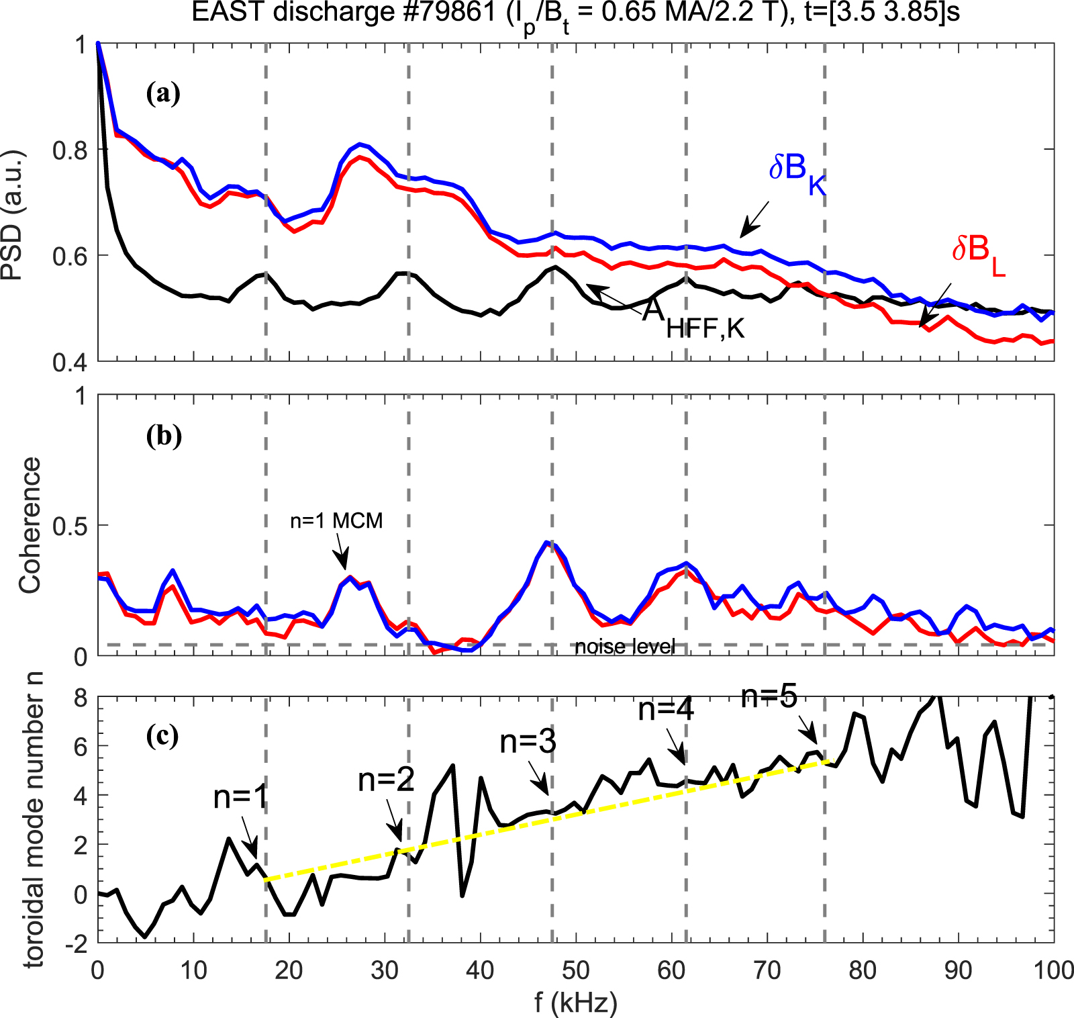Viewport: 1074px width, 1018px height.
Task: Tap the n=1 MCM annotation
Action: pyautogui.click(x=336, y=520)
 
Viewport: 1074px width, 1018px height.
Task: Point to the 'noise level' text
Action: pyautogui.click(x=625, y=647)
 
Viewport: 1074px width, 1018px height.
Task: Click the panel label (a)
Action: pyautogui.click(x=163, y=93)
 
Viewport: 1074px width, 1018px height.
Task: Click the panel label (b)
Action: pyautogui.click(x=163, y=436)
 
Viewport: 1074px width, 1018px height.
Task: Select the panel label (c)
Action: pyautogui.click(x=162, y=736)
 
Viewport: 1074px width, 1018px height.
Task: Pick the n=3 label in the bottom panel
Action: pyautogui.click(x=528, y=742)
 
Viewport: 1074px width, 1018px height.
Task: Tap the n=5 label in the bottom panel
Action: pyautogui.click(x=769, y=697)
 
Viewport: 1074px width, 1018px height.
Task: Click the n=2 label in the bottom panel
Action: pyautogui.click(x=386, y=780)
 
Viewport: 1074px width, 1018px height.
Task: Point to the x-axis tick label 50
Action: pyautogui.click(x=575, y=970)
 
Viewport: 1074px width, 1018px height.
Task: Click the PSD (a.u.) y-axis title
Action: pyautogui.click(x=13, y=215)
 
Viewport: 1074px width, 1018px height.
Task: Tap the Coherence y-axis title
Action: pyautogui.click(x=30, y=525)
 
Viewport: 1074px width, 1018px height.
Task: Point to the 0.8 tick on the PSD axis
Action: pyautogui.click(x=70, y=150)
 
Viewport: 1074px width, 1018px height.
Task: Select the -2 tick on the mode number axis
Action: pyautogui.click(x=76, y=943)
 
